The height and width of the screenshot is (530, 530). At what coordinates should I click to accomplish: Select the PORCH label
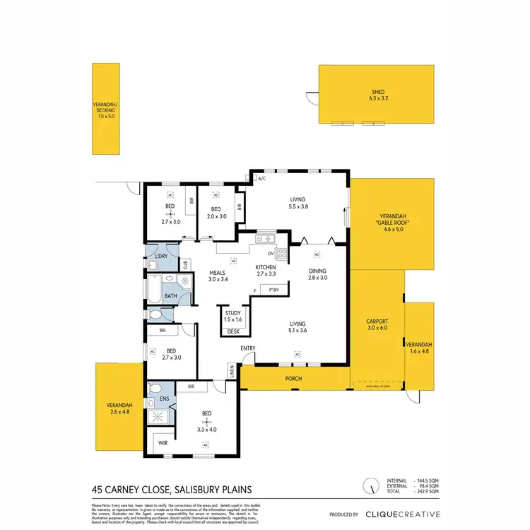pyautogui.click(x=294, y=379)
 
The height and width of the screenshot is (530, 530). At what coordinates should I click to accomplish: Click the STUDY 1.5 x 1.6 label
pyautogui.click(x=233, y=317)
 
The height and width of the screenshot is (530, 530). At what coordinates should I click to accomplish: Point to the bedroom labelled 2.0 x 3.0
pyautogui.click(x=217, y=213)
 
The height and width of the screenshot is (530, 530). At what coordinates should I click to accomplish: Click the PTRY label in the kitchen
pyautogui.click(x=273, y=290)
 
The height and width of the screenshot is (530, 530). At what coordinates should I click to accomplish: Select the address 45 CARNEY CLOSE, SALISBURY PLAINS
pyautogui.click(x=172, y=489)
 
